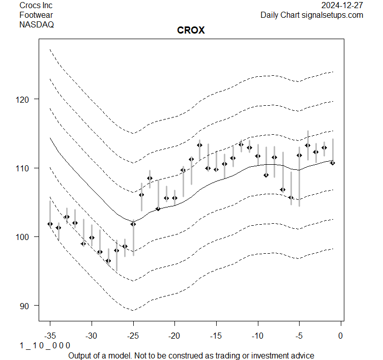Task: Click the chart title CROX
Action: (191, 31)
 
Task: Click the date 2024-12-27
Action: (342, 5)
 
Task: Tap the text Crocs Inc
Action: (36, 5)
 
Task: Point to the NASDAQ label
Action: (37, 24)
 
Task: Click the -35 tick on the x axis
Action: (50, 336)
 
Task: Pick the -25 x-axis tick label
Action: (133, 336)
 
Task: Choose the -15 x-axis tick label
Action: (216, 336)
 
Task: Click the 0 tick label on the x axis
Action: (340, 336)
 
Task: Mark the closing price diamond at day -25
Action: (133, 224)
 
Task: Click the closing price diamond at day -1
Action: (333, 163)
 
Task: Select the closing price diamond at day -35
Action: (50, 224)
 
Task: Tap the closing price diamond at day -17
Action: (199, 145)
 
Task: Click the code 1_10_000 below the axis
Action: (45, 346)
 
